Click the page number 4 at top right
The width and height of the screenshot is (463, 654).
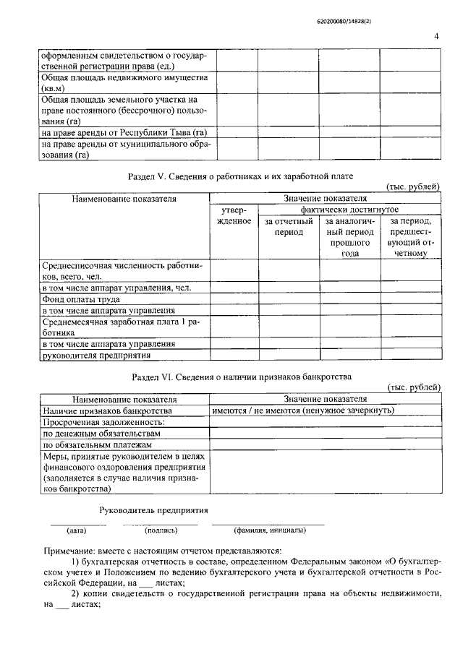436,35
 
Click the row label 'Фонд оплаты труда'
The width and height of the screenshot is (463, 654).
80,298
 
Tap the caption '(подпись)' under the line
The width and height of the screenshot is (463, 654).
161,530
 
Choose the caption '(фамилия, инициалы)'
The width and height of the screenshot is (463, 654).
269,530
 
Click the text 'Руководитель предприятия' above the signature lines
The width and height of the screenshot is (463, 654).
153,509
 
